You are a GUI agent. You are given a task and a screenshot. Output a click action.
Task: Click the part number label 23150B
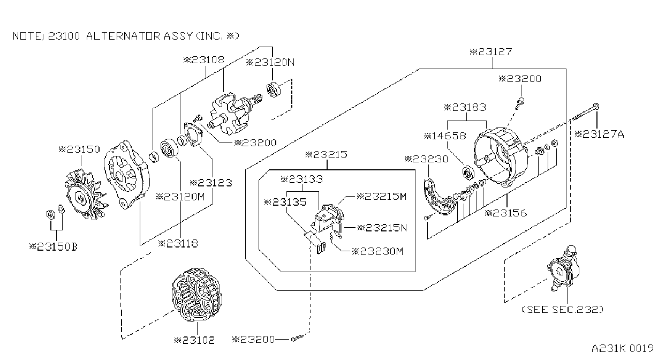(x=53, y=246)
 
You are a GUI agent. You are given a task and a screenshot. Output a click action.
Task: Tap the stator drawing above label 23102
(x=197, y=295)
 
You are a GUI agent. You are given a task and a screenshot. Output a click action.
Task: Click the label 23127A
(x=599, y=134)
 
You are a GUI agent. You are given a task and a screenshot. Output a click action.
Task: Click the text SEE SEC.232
(x=562, y=309)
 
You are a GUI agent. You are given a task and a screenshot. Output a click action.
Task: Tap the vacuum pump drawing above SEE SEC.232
(x=563, y=268)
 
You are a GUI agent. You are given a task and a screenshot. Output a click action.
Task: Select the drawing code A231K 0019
(x=623, y=348)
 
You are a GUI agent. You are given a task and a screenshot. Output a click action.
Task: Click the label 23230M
(x=378, y=251)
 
